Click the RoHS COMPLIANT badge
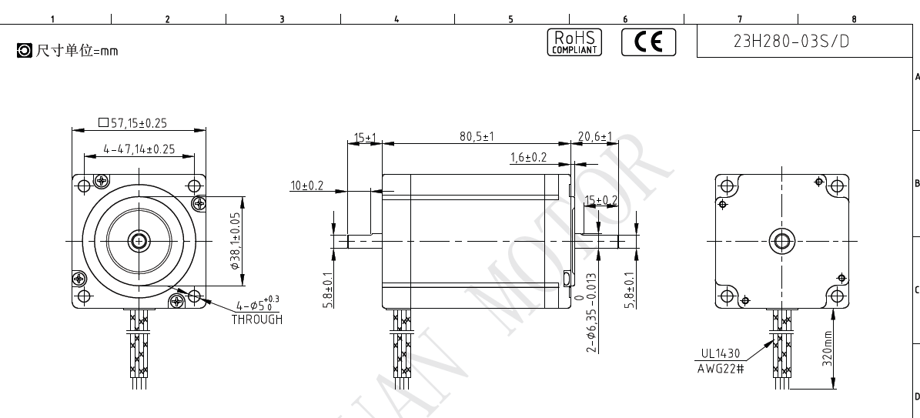click(x=574, y=42)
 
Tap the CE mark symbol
click(x=648, y=42)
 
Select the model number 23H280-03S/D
click(x=791, y=41)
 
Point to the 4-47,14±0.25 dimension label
click(x=139, y=149)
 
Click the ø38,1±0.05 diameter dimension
click(x=236, y=241)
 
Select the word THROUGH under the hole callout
click(x=257, y=319)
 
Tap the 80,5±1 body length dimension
click(x=477, y=137)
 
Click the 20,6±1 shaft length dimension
click(x=595, y=137)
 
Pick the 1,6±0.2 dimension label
click(x=528, y=157)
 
